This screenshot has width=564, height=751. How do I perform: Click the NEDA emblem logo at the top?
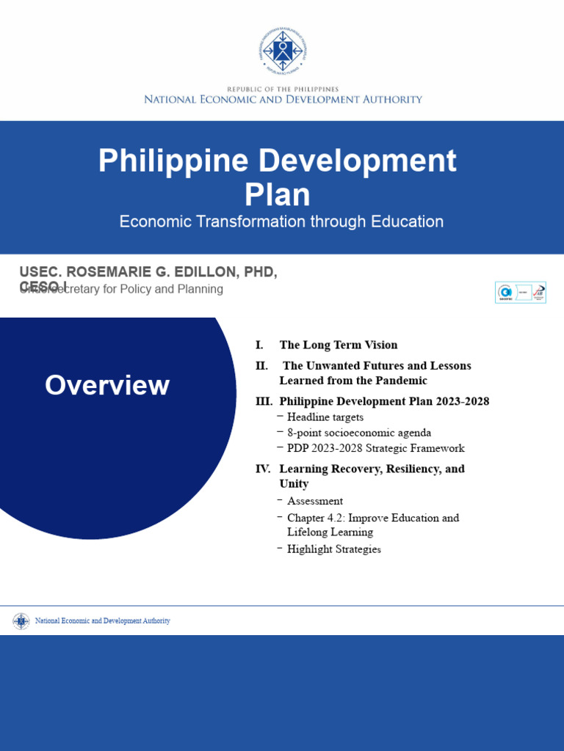pos(282,51)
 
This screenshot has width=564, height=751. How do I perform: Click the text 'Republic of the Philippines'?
pos(282,88)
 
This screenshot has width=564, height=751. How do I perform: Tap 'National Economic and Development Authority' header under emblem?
pos(282,99)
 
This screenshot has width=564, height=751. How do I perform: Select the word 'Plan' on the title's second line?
pos(277,195)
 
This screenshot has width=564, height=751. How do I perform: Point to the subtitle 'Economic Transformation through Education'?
pos(281,221)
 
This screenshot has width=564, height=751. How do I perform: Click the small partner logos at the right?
pos(520,291)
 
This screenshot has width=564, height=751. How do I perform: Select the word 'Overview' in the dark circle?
pos(107,385)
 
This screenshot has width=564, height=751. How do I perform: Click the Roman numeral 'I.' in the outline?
pos(259,345)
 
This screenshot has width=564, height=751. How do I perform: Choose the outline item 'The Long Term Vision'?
pos(339,345)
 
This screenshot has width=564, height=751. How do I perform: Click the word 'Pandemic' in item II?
pos(402,381)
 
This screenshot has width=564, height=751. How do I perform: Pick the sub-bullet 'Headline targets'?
pos(325,417)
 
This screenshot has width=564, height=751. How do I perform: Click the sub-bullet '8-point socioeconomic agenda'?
pos(359,433)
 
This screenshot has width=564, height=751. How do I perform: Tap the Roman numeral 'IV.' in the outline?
pos(263,469)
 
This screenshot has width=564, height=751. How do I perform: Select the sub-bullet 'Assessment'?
pos(315,501)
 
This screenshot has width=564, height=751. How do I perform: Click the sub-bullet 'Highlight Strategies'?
pos(334,549)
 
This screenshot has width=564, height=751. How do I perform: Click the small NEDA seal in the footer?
pos(21,621)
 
